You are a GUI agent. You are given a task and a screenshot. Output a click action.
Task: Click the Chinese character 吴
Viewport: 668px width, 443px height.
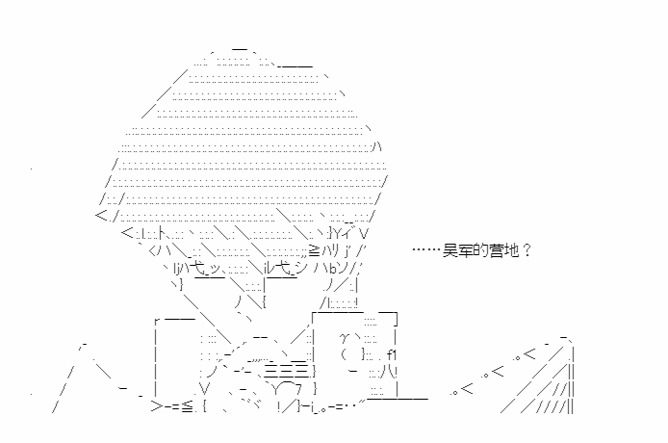tap(450, 250)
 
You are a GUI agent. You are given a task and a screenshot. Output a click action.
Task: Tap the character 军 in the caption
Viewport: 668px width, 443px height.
tap(465, 250)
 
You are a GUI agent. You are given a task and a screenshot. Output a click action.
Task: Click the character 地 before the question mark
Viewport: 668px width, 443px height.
tap(511, 250)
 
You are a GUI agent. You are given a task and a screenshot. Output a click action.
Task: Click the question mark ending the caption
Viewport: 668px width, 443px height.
tap(527, 250)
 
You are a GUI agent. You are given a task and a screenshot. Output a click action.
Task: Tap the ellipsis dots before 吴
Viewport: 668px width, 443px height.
tap(426, 250)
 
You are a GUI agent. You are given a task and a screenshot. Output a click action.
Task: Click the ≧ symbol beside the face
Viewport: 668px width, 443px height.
tap(314, 251)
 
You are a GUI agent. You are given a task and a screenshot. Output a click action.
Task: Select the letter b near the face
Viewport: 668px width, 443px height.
tap(334, 269)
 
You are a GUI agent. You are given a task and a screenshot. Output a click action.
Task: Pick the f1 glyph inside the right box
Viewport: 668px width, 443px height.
tap(392, 354)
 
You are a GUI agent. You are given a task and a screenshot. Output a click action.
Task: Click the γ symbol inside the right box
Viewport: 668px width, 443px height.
tap(345, 338)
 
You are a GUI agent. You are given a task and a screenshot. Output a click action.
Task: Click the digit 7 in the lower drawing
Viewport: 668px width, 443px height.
tap(298, 388)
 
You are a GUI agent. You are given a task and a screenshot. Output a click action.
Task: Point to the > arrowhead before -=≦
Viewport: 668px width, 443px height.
tap(156, 406)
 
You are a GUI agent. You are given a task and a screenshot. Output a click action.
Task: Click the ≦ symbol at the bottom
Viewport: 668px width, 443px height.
tap(187, 406)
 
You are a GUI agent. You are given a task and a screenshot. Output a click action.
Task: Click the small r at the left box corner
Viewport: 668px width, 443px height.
tap(157, 321)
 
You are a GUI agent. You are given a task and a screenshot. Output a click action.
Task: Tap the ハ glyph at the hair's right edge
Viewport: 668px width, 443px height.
tap(377, 146)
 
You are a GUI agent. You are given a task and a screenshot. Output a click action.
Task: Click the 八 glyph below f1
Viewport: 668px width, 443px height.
tap(390, 372)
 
